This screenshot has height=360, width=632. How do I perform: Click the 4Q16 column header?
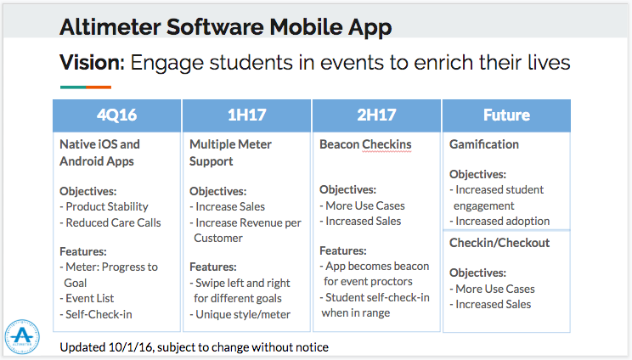pyautogui.click(x=117, y=115)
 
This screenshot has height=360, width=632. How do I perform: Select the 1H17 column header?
pyautogui.click(x=246, y=115)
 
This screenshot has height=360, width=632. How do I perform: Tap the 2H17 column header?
pyautogui.click(x=376, y=115)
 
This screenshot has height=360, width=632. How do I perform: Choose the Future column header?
pyautogui.click(x=506, y=115)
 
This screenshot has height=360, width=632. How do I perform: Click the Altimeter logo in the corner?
pyautogui.click(x=22, y=336)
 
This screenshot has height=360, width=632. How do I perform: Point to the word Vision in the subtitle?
pyautogui.click(x=93, y=63)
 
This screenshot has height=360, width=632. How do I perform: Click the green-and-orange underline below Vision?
pyautogui.click(x=86, y=87)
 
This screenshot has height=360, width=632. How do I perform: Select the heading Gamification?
pyautogui.click(x=484, y=144)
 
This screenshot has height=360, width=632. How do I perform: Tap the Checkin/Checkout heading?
pyautogui.click(x=499, y=243)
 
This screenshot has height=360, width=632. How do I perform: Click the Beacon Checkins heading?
pyautogui.click(x=365, y=144)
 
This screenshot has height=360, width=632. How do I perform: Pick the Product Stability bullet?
pyautogui.click(x=104, y=206)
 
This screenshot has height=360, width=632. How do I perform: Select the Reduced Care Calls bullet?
pyautogui.click(x=110, y=222)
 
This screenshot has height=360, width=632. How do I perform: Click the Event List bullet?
pyautogui.click(x=87, y=298)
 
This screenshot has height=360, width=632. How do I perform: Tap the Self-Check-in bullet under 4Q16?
pyautogui.click(x=96, y=314)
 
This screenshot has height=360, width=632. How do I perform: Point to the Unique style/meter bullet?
pyautogui.click(x=240, y=314)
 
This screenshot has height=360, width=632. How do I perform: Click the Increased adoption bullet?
pyautogui.click(x=499, y=221)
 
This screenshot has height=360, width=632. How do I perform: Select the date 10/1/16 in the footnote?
pyautogui.click(x=131, y=347)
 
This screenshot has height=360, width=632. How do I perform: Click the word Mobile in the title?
pyautogui.click(x=306, y=27)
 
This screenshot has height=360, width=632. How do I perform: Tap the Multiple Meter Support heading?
pyautogui.click(x=230, y=153)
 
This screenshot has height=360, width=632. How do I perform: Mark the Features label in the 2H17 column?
pyautogui.click(x=343, y=250)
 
